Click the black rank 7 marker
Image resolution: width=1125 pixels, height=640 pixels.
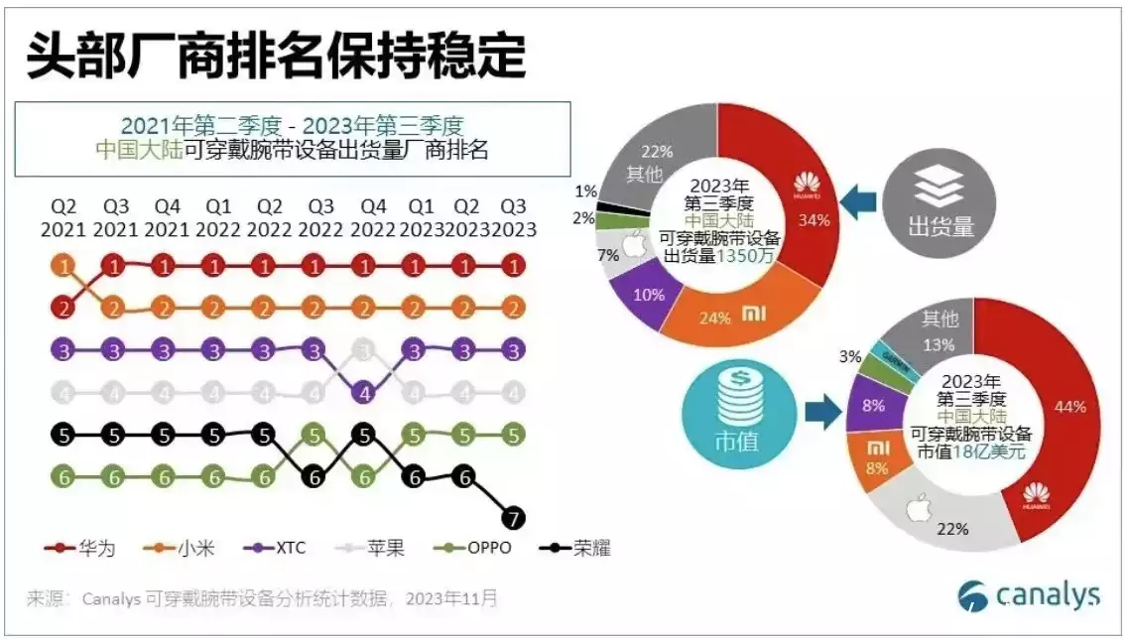[x=514, y=518]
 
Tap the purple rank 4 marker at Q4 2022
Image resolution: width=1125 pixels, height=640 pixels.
[x=365, y=392]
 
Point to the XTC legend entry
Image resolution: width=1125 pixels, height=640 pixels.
[x=279, y=548]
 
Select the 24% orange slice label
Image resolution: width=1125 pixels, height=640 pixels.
[x=714, y=318]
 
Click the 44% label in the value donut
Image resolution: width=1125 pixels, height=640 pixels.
[x=1069, y=407]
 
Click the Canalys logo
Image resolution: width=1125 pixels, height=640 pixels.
[x=1029, y=595]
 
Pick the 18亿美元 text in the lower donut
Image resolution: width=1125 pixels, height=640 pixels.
[x=991, y=452]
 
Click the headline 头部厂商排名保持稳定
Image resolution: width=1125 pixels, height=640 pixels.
[x=275, y=57]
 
